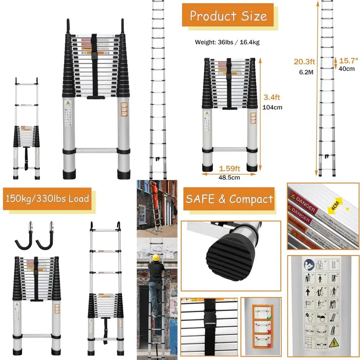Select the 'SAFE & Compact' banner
[x=229, y=199]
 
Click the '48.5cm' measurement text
[x=229, y=177]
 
